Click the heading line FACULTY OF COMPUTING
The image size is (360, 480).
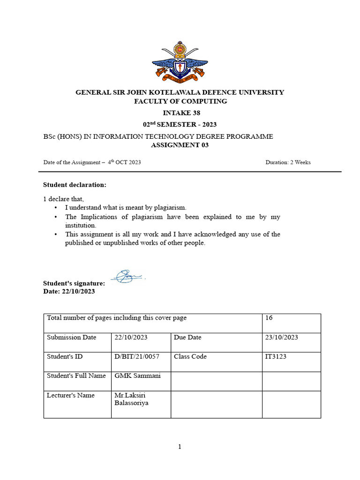(x=180, y=101)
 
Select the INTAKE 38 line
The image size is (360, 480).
(x=180, y=113)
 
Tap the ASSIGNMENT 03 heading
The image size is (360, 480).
(x=180, y=145)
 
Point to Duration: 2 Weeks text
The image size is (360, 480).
(x=288, y=163)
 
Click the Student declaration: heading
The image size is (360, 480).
(x=75, y=185)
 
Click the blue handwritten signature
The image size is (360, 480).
(x=127, y=276)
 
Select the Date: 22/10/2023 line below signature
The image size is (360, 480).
(x=69, y=291)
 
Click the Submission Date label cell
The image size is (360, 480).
(x=71, y=337)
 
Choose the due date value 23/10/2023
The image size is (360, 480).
(x=281, y=337)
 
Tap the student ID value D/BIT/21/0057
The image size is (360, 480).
(x=137, y=357)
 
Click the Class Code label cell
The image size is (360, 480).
(x=190, y=357)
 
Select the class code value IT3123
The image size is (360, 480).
(x=276, y=357)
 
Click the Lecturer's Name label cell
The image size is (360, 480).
(x=71, y=395)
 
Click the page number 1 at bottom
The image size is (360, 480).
(x=180, y=447)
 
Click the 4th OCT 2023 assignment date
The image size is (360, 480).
(x=124, y=163)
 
